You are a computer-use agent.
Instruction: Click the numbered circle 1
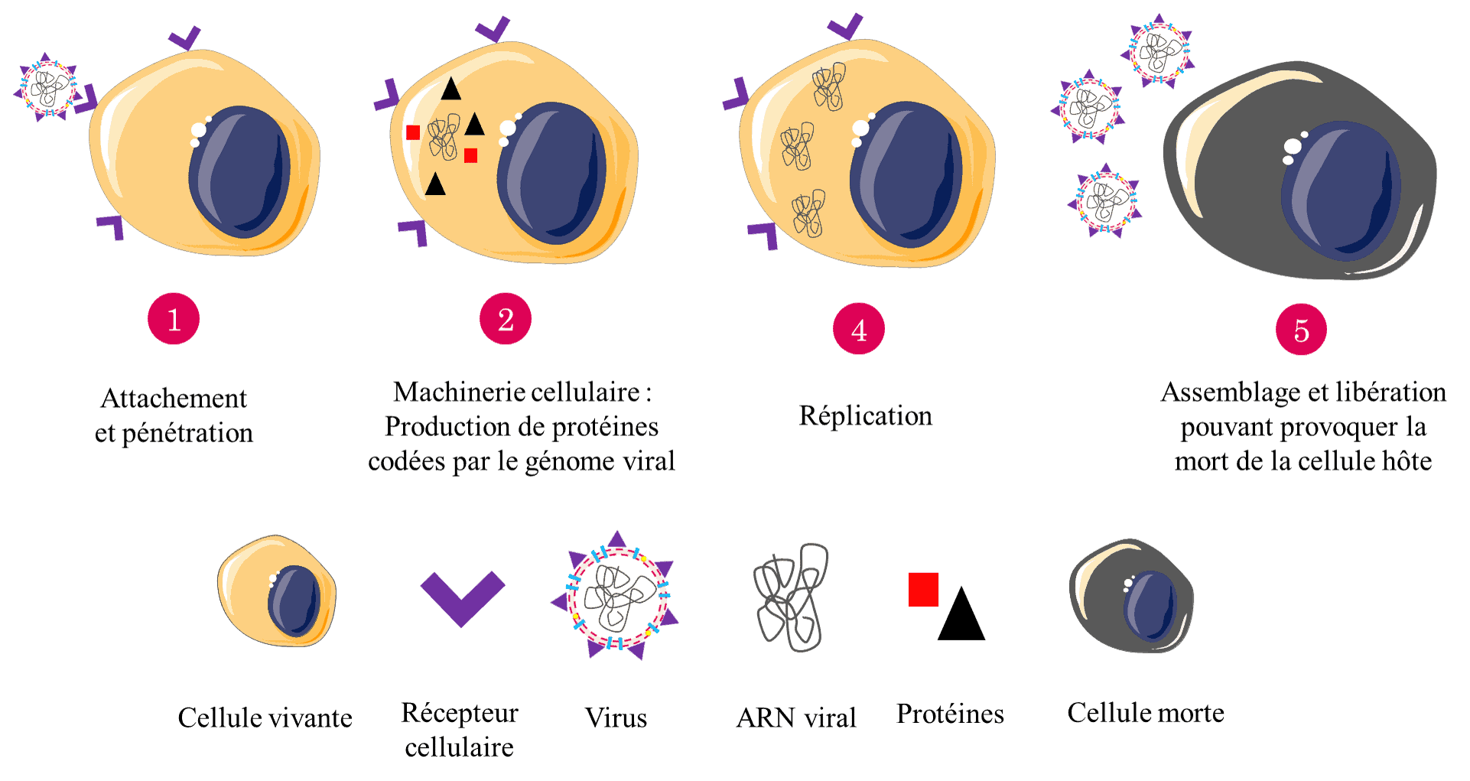click(x=174, y=319)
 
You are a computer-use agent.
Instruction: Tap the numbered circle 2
click(x=506, y=319)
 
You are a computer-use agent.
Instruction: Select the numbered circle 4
click(x=859, y=329)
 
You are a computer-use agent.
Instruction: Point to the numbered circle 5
click(x=1301, y=329)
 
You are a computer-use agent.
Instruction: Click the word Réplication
click(x=866, y=415)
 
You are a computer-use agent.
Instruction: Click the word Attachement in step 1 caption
click(x=174, y=398)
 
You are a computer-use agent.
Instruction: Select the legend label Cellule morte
click(x=1146, y=712)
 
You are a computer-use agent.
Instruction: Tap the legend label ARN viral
click(x=796, y=718)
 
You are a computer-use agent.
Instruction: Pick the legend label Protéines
click(x=950, y=713)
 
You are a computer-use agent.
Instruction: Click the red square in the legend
click(x=923, y=590)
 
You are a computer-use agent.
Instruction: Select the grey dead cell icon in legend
click(x=1131, y=596)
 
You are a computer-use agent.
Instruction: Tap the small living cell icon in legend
click(x=277, y=591)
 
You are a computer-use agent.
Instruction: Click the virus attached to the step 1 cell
click(x=47, y=88)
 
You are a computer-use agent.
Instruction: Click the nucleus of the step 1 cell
click(x=240, y=172)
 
